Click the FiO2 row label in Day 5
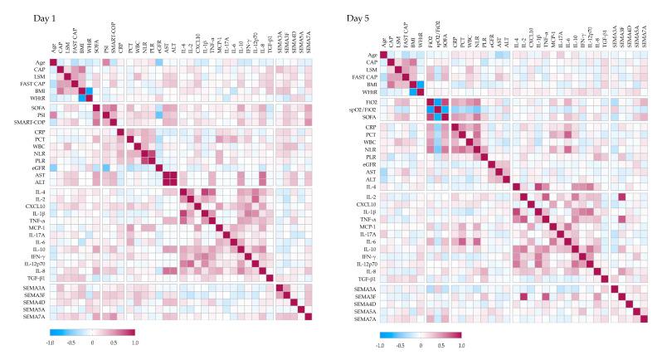[x=371, y=102]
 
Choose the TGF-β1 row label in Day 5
[x=366, y=279]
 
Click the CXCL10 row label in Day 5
[x=366, y=204]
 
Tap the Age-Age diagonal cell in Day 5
[x=383, y=56]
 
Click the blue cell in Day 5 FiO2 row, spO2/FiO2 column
[x=440, y=102]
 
